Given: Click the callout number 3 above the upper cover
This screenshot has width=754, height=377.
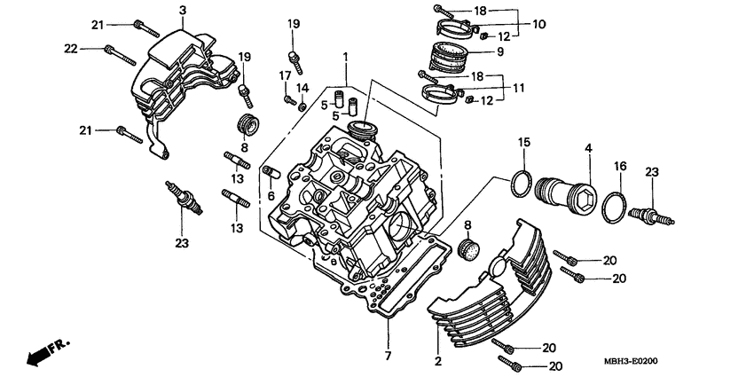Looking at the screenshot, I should (182, 10).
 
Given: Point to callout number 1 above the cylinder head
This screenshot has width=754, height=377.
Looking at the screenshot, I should (346, 57).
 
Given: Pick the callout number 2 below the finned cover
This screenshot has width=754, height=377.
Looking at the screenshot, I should (437, 361).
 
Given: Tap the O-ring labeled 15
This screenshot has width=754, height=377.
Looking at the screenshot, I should (522, 185).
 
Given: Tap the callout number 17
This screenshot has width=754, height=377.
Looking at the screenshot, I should (286, 75).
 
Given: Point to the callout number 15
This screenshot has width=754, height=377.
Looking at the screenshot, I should (523, 142).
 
